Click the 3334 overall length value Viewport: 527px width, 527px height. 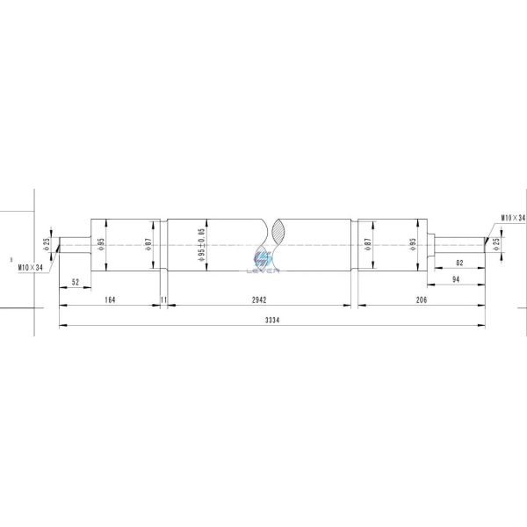272,320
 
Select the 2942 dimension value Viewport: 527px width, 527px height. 259,300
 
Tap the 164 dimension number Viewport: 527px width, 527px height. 110,300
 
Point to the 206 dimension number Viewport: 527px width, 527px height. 422,300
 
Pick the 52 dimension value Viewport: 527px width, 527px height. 76,282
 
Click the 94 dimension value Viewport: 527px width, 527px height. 456,279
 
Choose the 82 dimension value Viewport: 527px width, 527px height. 459,263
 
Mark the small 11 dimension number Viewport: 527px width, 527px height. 163,300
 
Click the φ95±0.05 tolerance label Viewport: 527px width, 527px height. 201,245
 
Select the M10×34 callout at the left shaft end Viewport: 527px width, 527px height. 31,268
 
